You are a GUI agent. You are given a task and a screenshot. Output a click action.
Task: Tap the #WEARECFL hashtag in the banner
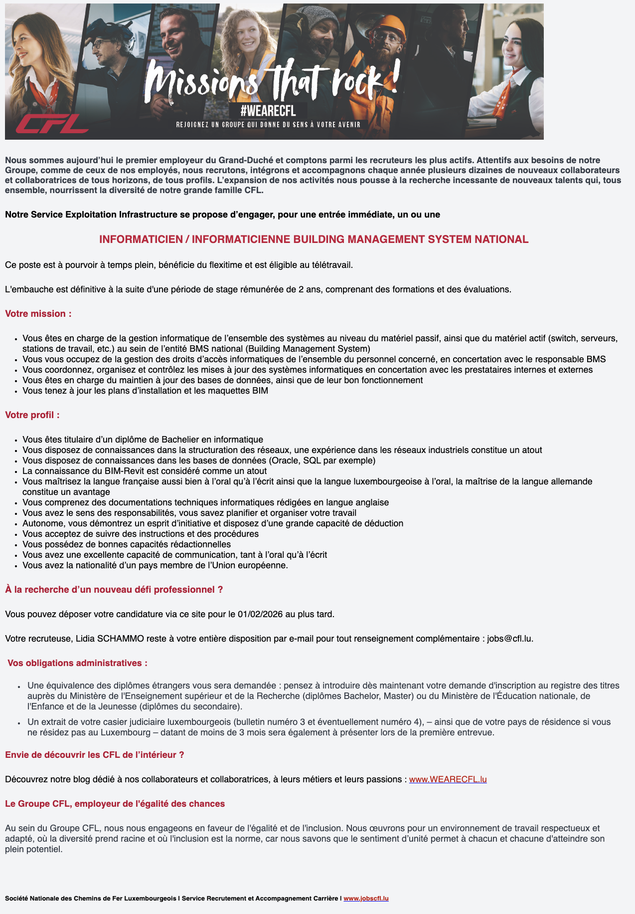pyautogui.click(x=268, y=111)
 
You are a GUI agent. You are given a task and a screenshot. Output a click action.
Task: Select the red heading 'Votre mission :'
pyautogui.click(x=38, y=314)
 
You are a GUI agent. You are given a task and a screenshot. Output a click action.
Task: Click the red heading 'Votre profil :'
pyautogui.click(x=32, y=415)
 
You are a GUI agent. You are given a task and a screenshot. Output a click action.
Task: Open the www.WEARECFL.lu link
pyautogui.click(x=448, y=779)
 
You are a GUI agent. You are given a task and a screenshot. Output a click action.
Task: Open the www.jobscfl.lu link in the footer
pyautogui.click(x=366, y=899)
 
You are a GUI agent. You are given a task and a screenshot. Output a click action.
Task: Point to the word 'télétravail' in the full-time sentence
pyautogui.click(x=330, y=265)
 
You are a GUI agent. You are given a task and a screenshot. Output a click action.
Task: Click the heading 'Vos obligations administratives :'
pyautogui.click(x=77, y=663)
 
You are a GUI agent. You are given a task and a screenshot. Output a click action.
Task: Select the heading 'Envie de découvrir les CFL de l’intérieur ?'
pyautogui.click(x=95, y=755)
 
